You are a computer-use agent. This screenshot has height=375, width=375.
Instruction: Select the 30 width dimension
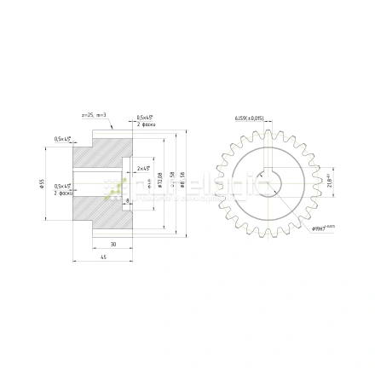point(112,244)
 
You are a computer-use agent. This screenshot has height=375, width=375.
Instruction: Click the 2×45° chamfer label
point(143,168)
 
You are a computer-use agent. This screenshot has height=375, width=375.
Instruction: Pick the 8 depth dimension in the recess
point(127,201)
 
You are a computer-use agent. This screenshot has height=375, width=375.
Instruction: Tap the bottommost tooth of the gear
point(267,235)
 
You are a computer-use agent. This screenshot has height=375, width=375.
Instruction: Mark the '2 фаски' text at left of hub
point(61,193)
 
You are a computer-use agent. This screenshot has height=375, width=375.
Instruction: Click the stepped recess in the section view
point(127,182)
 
